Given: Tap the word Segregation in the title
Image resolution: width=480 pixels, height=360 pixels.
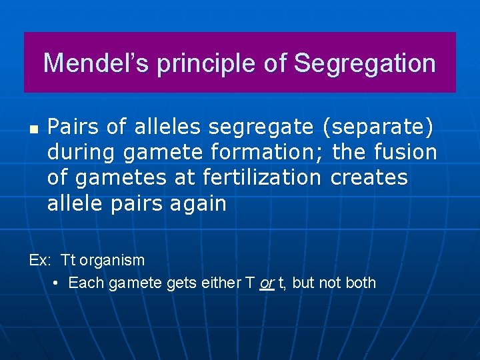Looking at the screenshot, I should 365,63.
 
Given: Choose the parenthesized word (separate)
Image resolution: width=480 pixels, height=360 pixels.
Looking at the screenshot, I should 378,125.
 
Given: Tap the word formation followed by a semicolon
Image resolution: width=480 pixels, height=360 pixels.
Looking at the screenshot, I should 267,152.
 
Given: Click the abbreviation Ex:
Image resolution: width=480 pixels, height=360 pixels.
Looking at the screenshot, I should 41,259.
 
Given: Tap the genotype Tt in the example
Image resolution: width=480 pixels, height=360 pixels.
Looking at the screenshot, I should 68,259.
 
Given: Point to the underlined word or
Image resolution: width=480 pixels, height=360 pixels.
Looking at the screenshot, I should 267,283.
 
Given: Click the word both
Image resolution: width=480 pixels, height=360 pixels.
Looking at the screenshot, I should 361,283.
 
